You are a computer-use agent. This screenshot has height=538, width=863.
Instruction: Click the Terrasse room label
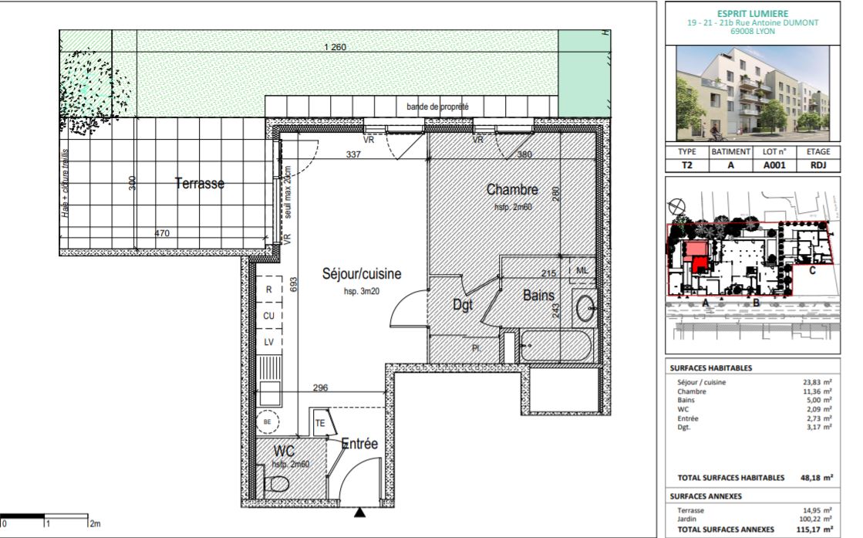pyautogui.click(x=199, y=183)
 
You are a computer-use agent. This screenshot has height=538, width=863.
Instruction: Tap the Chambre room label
pyautogui.click(x=511, y=190)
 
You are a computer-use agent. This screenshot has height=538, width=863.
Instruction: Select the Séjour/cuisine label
pyautogui.click(x=361, y=274)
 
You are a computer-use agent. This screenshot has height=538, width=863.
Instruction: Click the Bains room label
pyautogui.click(x=538, y=295)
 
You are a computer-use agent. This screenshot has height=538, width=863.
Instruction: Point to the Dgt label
pyautogui.click(x=462, y=306)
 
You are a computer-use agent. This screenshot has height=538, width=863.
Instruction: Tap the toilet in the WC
pyautogui.click(x=277, y=485)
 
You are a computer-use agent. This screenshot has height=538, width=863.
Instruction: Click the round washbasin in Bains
pyautogui.click(x=585, y=307)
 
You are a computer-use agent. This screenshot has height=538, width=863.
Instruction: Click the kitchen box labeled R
pyautogui.click(x=269, y=289)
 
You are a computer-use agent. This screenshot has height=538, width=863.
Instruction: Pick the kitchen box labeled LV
pyautogui.click(x=269, y=342)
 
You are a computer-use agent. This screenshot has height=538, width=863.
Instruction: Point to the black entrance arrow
pyautogui.click(x=359, y=513)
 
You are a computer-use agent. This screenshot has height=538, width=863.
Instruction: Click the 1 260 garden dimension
pyautogui.click(x=335, y=48)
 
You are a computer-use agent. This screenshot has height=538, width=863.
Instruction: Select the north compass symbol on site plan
pyautogui.click(x=676, y=205)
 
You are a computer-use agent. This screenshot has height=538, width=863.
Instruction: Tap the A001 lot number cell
pyautogui.click(x=774, y=164)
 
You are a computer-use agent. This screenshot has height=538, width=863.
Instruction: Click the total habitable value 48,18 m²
pyautogui.click(x=816, y=478)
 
